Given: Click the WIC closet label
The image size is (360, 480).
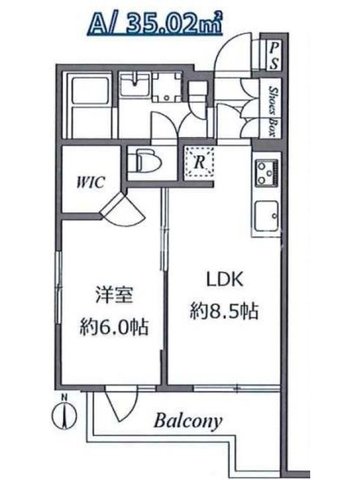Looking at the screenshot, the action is coord(91,182).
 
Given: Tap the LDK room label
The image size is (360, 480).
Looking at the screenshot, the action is coord(224,280).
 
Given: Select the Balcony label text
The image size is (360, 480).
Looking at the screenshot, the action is coord(188,422).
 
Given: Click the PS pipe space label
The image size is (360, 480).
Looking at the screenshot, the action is coord(275,55).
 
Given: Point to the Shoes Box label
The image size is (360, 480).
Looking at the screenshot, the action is coord(272,111).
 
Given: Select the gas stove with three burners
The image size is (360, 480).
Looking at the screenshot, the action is coord(266,173).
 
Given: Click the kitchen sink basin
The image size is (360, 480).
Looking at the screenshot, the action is coord(266,216).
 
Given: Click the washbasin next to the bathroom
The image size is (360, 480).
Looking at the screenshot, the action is coord(134,83).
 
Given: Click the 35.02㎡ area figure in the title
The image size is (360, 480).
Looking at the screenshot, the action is coord(173,23).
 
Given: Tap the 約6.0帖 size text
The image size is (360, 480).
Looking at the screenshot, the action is coord(114,327).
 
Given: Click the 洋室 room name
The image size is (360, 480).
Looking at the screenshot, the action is coord(114,295).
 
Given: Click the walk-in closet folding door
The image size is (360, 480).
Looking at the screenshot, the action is coord(122,209).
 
